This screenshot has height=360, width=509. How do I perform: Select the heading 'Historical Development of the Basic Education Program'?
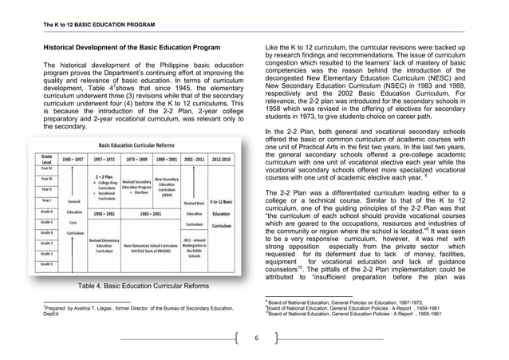pos(130,48)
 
